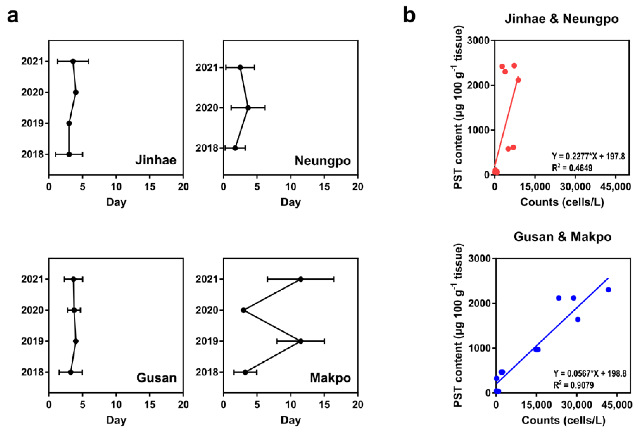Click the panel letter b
click(409, 16)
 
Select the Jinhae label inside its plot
click(156, 160)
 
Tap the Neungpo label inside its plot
click(323, 161)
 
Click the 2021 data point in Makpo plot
click(301, 279)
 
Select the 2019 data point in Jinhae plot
click(69, 123)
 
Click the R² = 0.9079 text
click(574, 385)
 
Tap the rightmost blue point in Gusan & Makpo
click(608, 290)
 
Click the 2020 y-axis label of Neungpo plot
click(207, 108)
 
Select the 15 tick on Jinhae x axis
click(150, 187)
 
